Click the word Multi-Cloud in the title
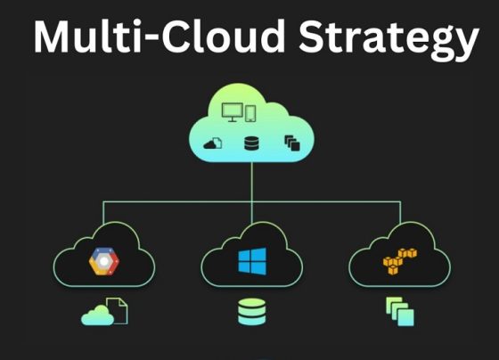coord(160,36)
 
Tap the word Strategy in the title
coord(389,39)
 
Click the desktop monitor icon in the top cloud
coord(233,112)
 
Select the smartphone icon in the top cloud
coord(250,113)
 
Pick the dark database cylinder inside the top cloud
coord(251,143)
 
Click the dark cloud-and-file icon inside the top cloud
coord(213,143)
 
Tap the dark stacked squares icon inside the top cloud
coord(292,143)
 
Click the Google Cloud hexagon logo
coord(104,261)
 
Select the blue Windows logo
coord(252,261)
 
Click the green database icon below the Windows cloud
coord(251,312)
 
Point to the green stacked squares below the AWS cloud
coord(400,312)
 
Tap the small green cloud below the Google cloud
coord(97,315)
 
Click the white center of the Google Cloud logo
coord(104,261)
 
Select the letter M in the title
coord(52,37)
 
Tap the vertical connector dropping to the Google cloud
coord(103,213)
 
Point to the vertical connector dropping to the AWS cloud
coord(400,212)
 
